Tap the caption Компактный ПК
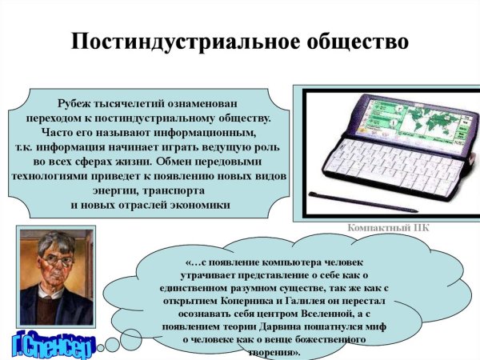pos(389,227)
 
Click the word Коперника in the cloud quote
pos(230,290)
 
